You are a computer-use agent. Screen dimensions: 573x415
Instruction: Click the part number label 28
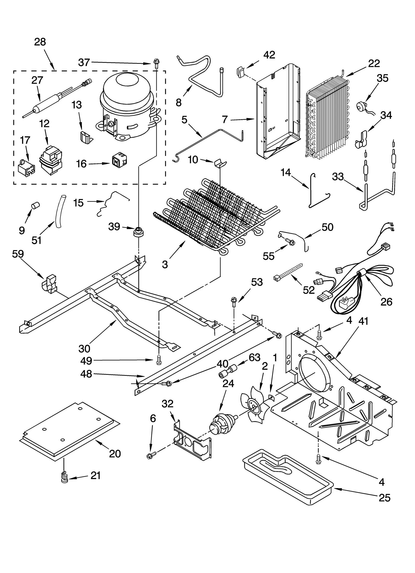[x=40, y=42]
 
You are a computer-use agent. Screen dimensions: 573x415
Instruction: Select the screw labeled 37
[x=156, y=63]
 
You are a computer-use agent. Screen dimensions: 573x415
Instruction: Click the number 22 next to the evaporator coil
[x=374, y=63]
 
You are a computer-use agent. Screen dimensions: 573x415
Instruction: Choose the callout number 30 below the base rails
[x=84, y=349]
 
